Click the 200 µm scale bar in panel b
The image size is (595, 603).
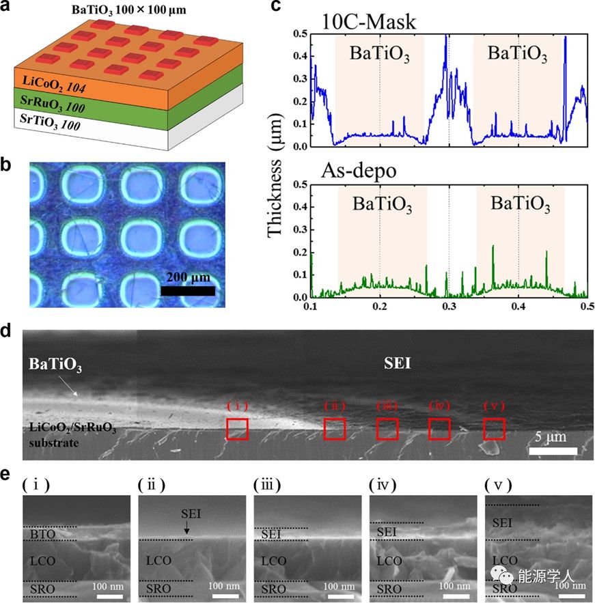point(188,290)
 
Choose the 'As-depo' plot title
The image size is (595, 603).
point(357,171)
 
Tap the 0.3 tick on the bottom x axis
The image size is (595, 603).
point(448,309)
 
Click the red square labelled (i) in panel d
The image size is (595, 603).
point(237,429)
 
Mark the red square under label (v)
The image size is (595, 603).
point(494,428)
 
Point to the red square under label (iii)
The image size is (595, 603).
point(387,429)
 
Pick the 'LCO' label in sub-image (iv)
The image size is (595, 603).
point(389,561)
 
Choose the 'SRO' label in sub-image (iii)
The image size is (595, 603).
point(275,588)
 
